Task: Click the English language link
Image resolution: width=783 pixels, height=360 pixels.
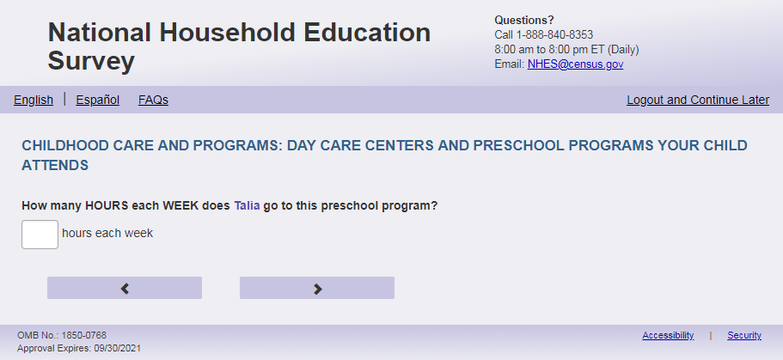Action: (34, 100)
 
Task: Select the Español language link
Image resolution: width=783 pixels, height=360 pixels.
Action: (97, 100)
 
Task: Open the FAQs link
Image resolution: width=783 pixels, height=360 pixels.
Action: (153, 100)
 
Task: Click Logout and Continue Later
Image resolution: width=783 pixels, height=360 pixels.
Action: (698, 100)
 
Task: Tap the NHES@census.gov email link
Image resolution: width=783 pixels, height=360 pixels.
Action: (575, 64)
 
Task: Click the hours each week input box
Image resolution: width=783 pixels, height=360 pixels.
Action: (40, 235)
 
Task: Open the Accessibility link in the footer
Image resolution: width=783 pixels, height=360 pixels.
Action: (668, 336)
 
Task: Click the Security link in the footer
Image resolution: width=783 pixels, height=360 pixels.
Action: (744, 336)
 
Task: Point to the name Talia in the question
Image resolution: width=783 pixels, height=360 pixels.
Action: (248, 205)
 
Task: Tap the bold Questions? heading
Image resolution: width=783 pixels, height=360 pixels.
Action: (524, 21)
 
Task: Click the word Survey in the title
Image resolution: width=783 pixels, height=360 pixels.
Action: (91, 61)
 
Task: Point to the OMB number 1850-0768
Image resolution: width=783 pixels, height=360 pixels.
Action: (84, 336)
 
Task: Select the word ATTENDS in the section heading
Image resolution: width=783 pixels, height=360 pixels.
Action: (55, 165)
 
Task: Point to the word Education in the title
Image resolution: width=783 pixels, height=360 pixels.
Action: (367, 33)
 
